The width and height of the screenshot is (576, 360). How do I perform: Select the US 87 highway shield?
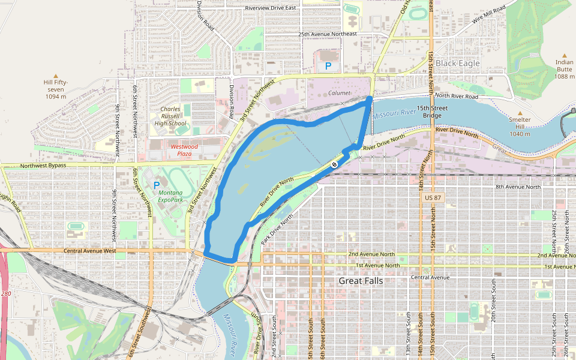(x=432, y=197)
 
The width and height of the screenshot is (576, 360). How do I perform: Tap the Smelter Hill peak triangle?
(x=520, y=112)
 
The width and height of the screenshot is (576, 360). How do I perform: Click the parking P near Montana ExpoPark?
(x=157, y=185)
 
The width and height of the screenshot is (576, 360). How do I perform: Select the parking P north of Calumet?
(x=328, y=67)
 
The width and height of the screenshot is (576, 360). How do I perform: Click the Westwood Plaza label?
(x=184, y=150)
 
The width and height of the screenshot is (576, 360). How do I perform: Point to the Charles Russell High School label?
(x=170, y=116)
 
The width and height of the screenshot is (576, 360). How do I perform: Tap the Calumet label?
(x=340, y=93)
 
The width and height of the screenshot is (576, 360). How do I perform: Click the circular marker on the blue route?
(x=335, y=164)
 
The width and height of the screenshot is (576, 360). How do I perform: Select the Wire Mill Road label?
(x=489, y=13)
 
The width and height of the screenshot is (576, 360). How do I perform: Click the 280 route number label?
(x=5, y=293)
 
